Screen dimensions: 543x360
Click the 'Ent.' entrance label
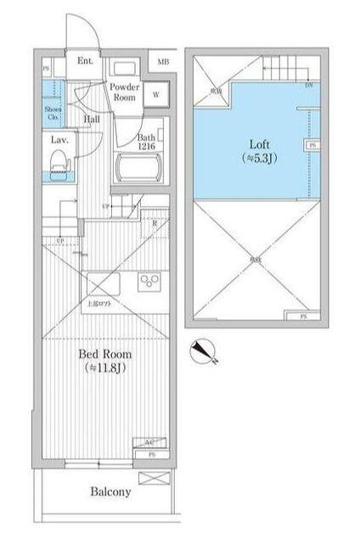pyautogui.click(x=85, y=61)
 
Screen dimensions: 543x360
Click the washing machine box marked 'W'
pyautogui.click(x=156, y=95)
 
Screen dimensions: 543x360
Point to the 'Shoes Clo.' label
pyautogui.click(x=51, y=114)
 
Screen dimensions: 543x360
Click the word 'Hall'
pyautogui.click(x=93, y=120)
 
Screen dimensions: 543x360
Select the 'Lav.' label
pyautogui.click(x=59, y=138)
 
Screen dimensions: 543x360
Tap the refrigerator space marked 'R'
pyautogui.click(x=156, y=223)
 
